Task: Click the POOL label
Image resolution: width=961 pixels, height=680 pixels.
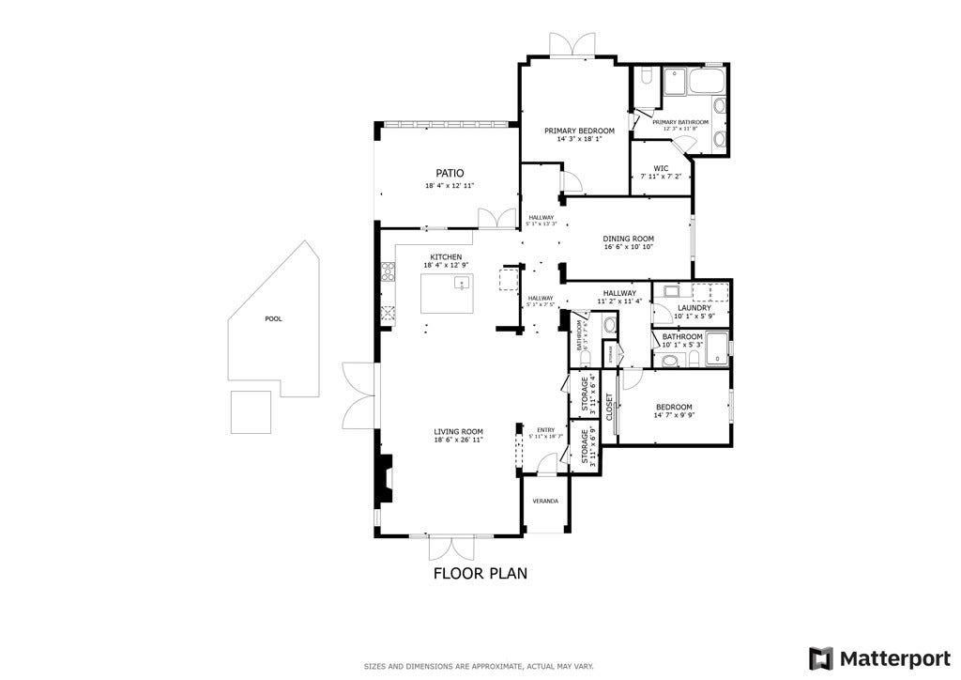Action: click(273, 319)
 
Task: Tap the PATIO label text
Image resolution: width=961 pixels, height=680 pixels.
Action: click(450, 173)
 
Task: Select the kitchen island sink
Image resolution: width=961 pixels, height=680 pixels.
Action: click(461, 284)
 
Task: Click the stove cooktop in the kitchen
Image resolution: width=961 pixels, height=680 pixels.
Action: click(386, 273)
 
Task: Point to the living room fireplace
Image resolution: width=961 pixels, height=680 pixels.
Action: click(384, 478)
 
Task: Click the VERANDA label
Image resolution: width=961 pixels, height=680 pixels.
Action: click(545, 502)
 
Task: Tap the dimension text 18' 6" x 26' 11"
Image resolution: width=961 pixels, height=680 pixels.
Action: click(458, 440)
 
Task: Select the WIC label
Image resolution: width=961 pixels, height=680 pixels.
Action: click(661, 168)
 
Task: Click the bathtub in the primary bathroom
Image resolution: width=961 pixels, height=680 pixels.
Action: click(707, 82)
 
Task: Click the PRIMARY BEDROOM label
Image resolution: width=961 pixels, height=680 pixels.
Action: click(579, 131)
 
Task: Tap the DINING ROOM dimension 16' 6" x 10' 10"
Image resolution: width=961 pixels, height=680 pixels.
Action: click(628, 247)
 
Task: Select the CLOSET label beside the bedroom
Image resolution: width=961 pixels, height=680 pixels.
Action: click(609, 408)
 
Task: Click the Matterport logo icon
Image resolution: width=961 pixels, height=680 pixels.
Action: click(821, 657)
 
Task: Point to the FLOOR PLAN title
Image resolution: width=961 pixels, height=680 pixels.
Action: click(480, 572)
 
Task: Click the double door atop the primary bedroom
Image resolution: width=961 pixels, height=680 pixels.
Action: click(572, 45)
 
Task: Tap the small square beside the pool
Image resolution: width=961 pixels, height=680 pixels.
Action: click(252, 411)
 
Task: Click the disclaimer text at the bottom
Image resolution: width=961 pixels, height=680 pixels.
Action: click(480, 667)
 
